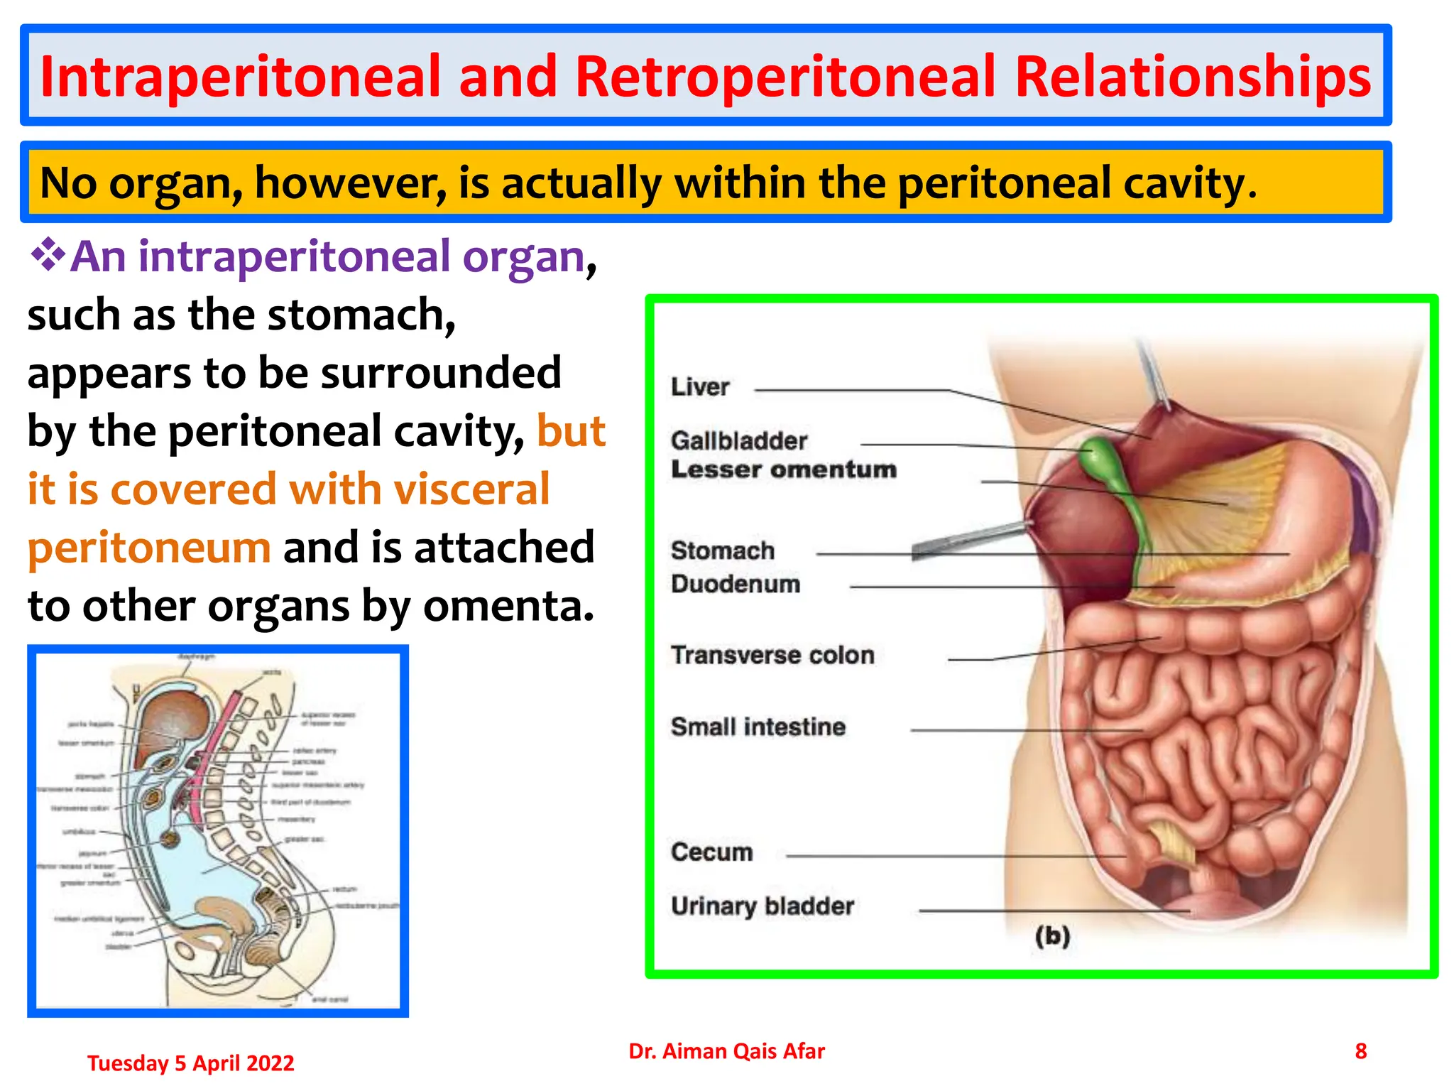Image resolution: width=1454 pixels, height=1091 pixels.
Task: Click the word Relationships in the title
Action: (x=1193, y=77)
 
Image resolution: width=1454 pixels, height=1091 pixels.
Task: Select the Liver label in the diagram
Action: (x=700, y=387)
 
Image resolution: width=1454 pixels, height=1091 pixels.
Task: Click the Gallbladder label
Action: (x=739, y=441)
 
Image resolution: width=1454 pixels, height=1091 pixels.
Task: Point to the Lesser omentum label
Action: (x=784, y=469)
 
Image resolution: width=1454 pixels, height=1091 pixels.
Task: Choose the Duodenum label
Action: (x=736, y=584)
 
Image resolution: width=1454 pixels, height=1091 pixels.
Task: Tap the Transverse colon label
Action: (x=772, y=655)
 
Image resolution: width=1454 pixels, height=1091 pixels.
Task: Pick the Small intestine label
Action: (x=758, y=727)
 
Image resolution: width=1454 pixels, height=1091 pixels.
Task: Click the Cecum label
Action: (x=712, y=852)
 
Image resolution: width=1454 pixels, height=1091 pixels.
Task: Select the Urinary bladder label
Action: (x=762, y=906)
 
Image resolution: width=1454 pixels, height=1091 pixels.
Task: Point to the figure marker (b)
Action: (x=1052, y=936)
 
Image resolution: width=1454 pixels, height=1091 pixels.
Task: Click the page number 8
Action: (x=1360, y=1051)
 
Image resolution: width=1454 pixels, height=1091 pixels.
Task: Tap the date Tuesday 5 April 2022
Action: (x=190, y=1063)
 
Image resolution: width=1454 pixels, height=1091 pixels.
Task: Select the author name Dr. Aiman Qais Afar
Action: (x=726, y=1051)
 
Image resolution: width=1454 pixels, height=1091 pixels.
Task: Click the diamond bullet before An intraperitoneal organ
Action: (x=48, y=255)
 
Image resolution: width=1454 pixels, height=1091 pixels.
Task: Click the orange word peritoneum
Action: (x=149, y=548)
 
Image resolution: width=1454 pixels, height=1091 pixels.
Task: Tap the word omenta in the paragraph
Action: (x=508, y=606)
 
